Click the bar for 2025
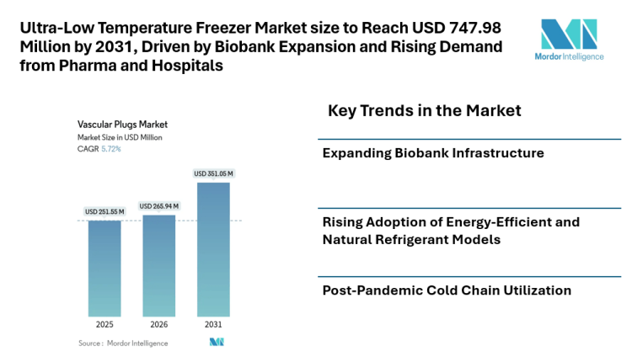[104, 269]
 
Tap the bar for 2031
[213, 249]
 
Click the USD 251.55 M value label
[104, 211]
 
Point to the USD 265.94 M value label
[158, 205]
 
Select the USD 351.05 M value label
[213, 173]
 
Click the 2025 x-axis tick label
[104, 325]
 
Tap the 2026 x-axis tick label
[158, 325]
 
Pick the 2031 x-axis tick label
[213, 325]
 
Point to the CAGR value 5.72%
[111, 149]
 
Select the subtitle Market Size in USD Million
[120, 136]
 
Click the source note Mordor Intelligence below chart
[123, 343]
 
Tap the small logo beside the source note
[217, 342]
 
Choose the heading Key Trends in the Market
[424, 110]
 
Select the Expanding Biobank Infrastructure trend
[433, 153]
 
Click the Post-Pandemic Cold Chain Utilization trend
[447, 290]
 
